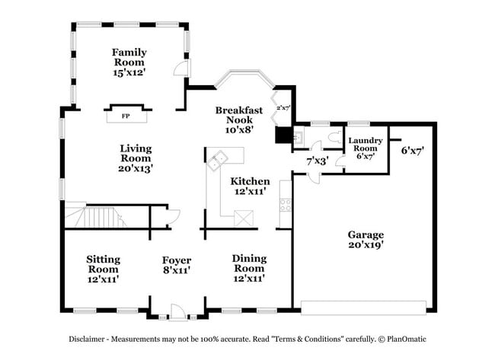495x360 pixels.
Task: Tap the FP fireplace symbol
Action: click(126, 116)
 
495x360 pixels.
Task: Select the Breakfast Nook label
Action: click(238, 115)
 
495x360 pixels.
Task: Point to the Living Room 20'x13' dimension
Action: click(136, 169)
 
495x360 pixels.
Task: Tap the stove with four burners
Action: click(286, 204)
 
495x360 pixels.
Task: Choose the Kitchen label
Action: click(250, 181)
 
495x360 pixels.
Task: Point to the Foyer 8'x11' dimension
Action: click(175, 270)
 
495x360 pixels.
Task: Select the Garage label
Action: click(366, 234)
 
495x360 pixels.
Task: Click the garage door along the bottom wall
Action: click(364, 307)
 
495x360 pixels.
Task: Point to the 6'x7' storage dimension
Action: click(412, 151)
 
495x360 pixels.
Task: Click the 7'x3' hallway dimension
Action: click(317, 161)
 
